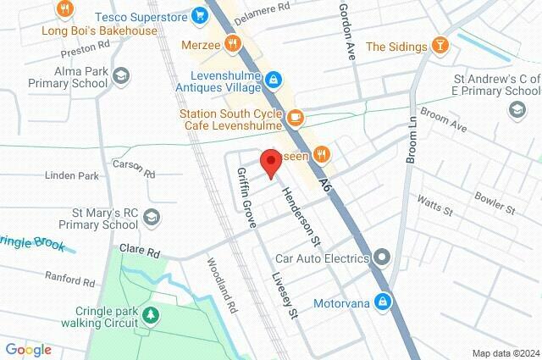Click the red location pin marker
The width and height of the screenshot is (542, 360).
(270, 161)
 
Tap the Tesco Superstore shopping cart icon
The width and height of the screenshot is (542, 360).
(200, 14)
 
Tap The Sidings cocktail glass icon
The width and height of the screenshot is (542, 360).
(440, 46)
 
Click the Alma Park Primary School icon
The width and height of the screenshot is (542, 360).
(121, 76)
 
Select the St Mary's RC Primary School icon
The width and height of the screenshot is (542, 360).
(151, 217)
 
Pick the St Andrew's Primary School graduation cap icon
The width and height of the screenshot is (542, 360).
(516, 109)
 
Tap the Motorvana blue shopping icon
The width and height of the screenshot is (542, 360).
(384, 302)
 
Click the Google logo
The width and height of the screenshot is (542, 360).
(28, 350)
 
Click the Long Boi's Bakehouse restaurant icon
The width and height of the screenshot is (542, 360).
(64, 10)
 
